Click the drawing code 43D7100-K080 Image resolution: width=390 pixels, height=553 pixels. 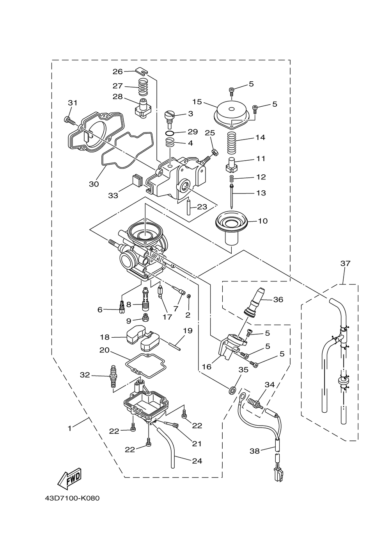pyautogui.click(x=72, y=499)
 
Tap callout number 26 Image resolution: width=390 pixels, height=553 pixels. pyautogui.click(x=117, y=72)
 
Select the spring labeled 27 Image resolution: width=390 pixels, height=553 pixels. pyautogui.click(x=142, y=87)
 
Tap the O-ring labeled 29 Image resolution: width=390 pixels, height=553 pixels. pyautogui.click(x=170, y=134)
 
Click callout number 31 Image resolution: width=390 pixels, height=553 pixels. pyautogui.click(x=73, y=103)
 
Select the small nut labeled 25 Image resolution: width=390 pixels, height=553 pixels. pyautogui.click(x=215, y=152)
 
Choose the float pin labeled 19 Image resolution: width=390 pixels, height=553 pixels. pyautogui.click(x=172, y=345)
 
